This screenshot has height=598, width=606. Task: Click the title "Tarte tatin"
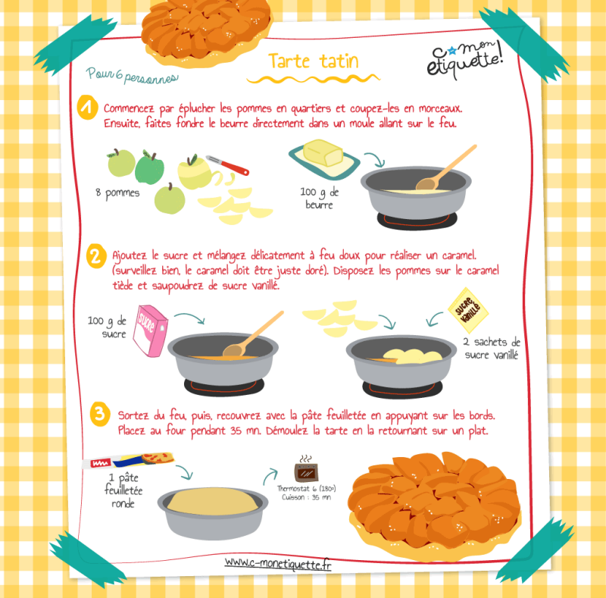pos(314,61)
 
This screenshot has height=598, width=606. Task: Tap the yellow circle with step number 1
pos(87,107)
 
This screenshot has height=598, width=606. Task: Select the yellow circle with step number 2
pos(96,255)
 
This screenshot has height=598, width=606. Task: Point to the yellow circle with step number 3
pos(100,414)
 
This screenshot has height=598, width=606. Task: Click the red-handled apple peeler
pos(228,164)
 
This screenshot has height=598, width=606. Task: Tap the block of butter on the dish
pos(323,153)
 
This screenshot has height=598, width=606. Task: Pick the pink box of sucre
pos(150,330)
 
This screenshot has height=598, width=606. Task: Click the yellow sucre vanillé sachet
pos(468,310)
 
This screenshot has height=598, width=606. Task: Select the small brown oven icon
pos(307,472)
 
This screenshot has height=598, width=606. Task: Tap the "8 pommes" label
pos(117,193)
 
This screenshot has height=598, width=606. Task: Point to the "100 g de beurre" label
pos(319,198)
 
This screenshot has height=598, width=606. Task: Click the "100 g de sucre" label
pos(108,327)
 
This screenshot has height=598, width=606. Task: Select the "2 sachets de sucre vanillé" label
pos(492,348)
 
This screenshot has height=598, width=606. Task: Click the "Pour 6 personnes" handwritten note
pos(132,76)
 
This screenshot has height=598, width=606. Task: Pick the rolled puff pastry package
pos(128,460)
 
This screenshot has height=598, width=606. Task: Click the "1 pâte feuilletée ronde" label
pos(123,490)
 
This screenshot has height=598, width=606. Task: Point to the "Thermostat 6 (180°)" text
pos(306,488)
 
